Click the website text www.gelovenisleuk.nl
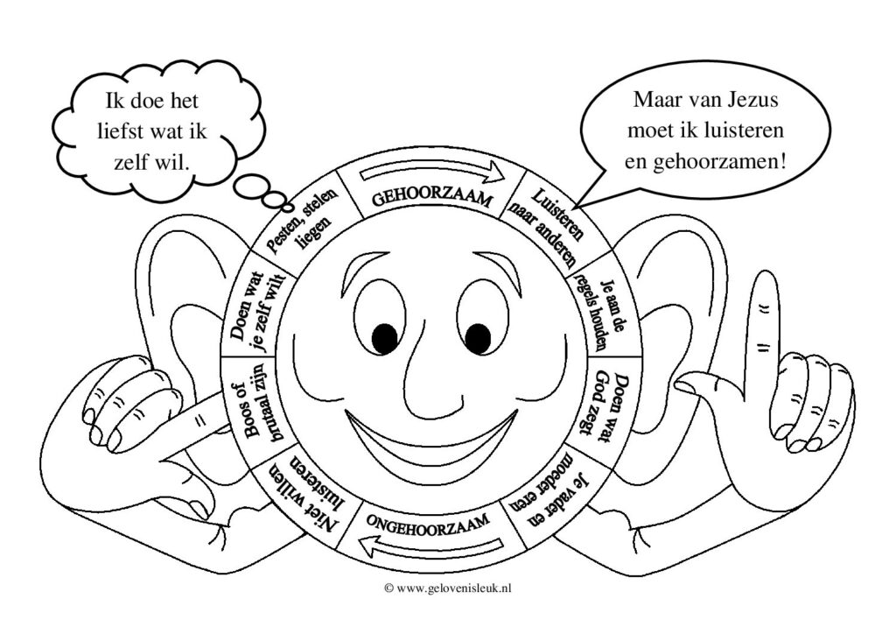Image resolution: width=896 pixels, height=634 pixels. (447, 589)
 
